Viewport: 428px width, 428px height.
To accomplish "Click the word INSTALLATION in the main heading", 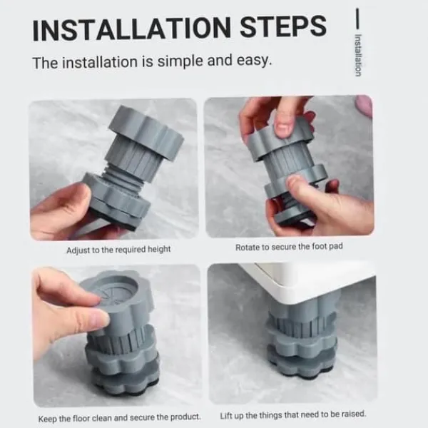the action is (x=131, y=29).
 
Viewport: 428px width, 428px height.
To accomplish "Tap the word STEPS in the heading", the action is (x=283, y=26).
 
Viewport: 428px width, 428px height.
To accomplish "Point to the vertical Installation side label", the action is (x=358, y=56).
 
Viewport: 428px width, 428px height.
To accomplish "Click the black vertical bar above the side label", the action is (x=357, y=19).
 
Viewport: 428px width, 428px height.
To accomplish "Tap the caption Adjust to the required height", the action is (x=118, y=250).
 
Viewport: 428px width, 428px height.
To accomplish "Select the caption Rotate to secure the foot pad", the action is (x=289, y=247).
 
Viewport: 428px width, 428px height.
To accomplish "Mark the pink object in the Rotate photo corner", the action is (x=365, y=106).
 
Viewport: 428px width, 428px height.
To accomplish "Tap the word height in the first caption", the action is (x=159, y=250).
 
